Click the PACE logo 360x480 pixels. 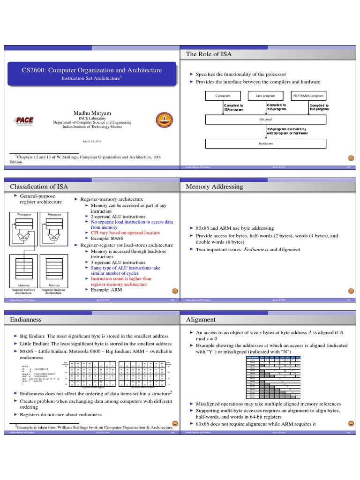point(25,120)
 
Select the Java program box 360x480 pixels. point(265,95)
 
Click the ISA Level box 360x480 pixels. point(265,120)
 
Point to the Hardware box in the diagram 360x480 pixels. point(265,143)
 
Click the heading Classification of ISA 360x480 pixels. point(39,187)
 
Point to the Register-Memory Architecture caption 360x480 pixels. point(23,292)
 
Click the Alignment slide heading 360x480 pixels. point(200,319)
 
